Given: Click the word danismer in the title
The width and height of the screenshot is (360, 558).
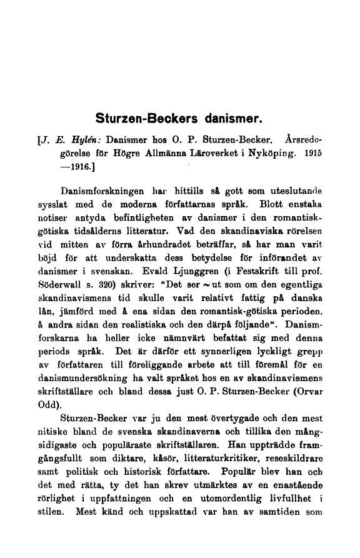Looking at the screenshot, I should (x=228, y=117).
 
